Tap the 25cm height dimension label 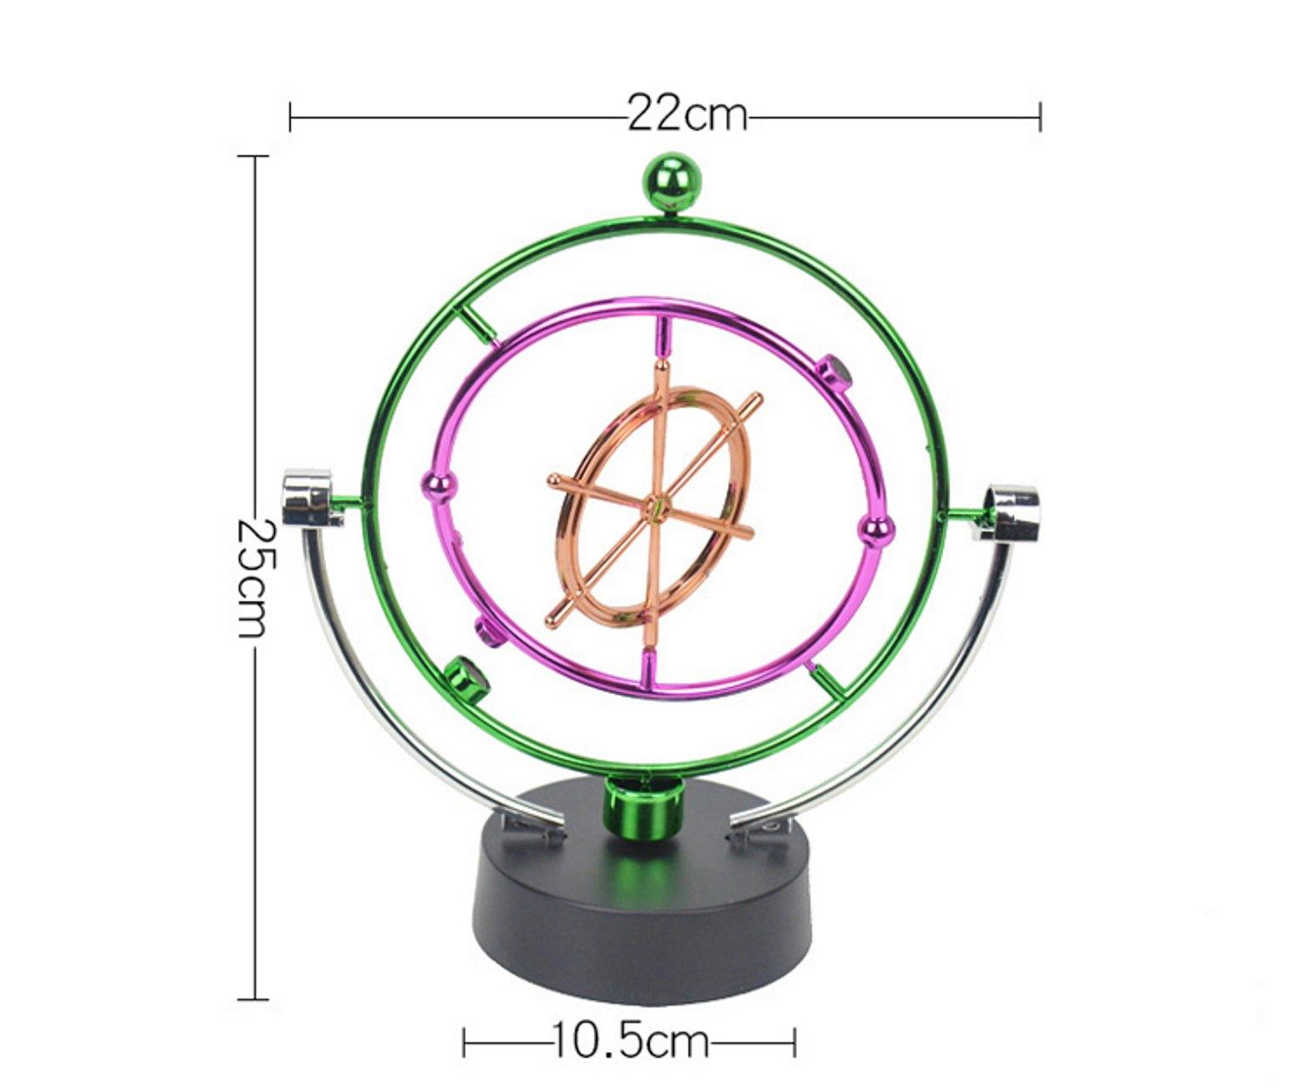pyautogui.click(x=254, y=578)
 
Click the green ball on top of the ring pyautogui.click(x=672, y=181)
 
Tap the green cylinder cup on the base pyautogui.click(x=641, y=810)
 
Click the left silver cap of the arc pyautogui.click(x=308, y=498)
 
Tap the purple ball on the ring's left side pyautogui.click(x=437, y=485)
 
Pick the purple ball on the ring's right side pyautogui.click(x=876, y=529)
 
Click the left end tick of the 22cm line pyautogui.click(x=290, y=115)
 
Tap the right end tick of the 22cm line pyautogui.click(x=1040, y=115)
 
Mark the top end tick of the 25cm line pyautogui.click(x=254, y=156)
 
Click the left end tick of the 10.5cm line pyautogui.click(x=464, y=1040)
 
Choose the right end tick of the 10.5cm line pyautogui.click(x=795, y=1040)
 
